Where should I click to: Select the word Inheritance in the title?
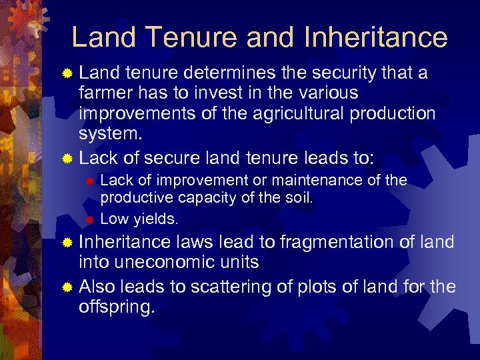(x=375, y=37)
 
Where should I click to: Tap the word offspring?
(x=117, y=309)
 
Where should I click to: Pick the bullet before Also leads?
(x=66, y=289)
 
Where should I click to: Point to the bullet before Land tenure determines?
(x=66, y=73)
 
